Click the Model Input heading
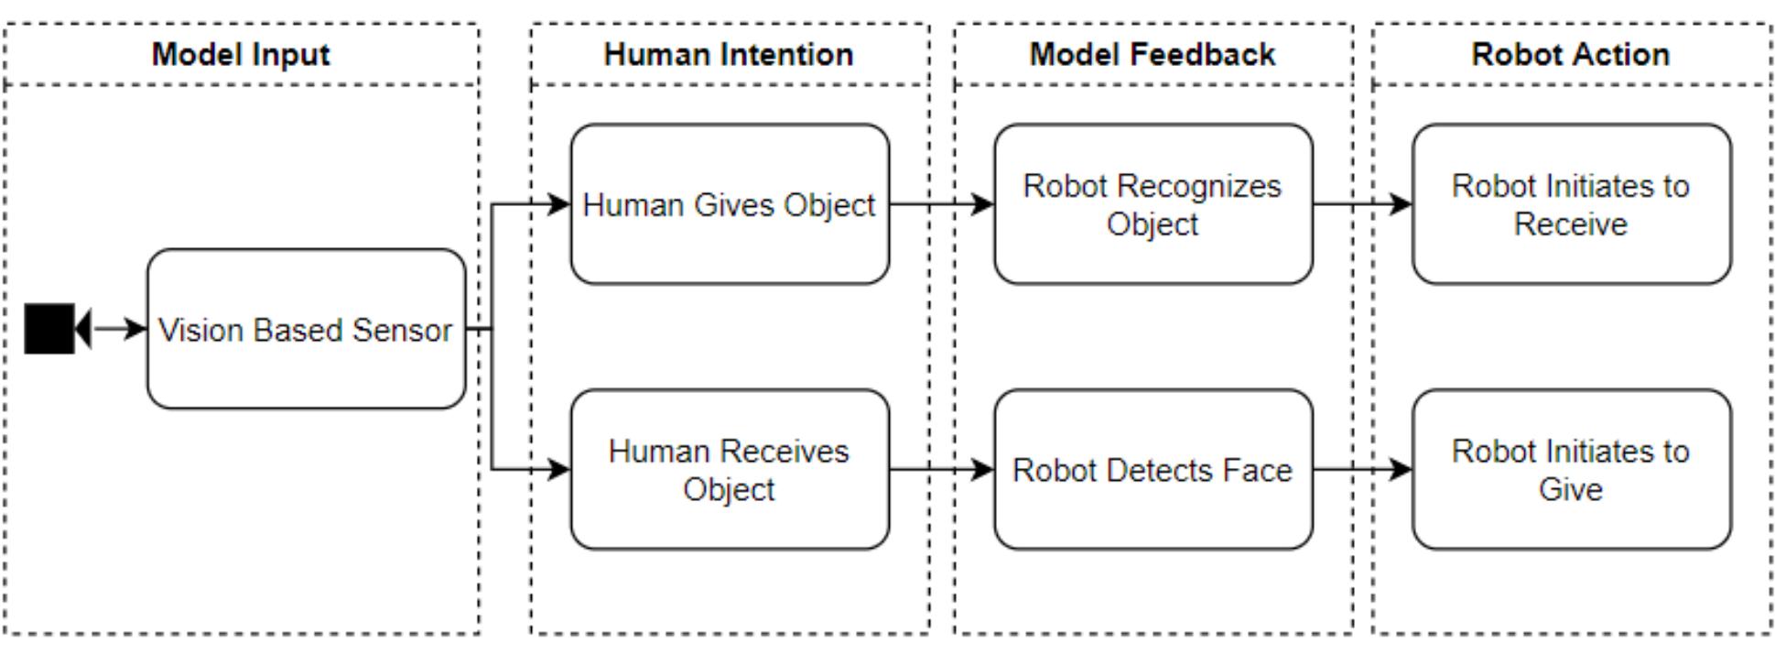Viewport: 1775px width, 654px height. pyautogui.click(x=241, y=54)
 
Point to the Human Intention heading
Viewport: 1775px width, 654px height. pyautogui.click(x=729, y=54)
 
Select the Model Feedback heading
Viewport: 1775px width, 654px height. pyautogui.click(x=1152, y=54)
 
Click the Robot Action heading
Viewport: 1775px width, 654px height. pyautogui.click(x=1570, y=54)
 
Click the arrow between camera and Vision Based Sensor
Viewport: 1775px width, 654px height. pyautogui.click(x=119, y=328)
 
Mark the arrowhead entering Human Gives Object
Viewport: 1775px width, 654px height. pyautogui.click(x=559, y=203)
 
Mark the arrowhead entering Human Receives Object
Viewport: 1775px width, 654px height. pyautogui.click(x=559, y=470)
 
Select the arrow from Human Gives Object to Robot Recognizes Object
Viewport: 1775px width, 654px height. pyautogui.click(x=941, y=203)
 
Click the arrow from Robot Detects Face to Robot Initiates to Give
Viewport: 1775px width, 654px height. pyautogui.click(x=1362, y=470)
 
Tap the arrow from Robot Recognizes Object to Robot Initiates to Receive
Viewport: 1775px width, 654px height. pyautogui.click(x=1362, y=203)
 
